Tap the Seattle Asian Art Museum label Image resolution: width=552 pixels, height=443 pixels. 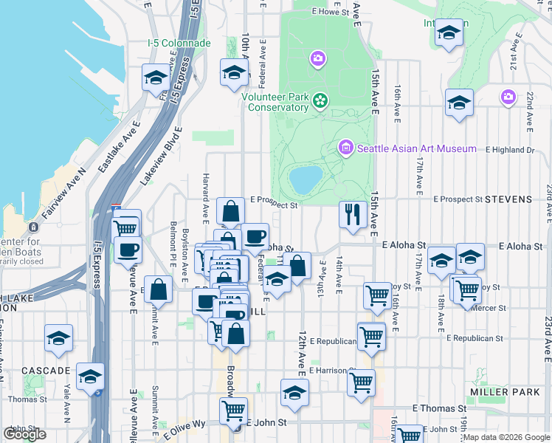point(417,148)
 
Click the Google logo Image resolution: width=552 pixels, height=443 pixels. point(25,434)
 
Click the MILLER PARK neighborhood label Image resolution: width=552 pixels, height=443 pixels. point(506,391)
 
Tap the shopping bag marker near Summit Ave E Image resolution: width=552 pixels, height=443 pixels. point(159,290)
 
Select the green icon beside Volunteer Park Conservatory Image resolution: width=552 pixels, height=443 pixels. point(320,100)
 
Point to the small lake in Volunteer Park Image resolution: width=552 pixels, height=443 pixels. point(306,178)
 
